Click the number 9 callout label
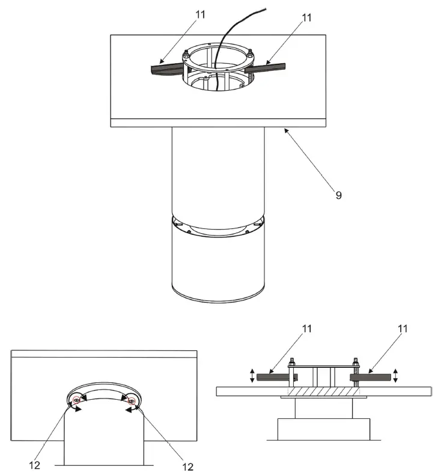[339, 195]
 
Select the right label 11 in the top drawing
[307, 18]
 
